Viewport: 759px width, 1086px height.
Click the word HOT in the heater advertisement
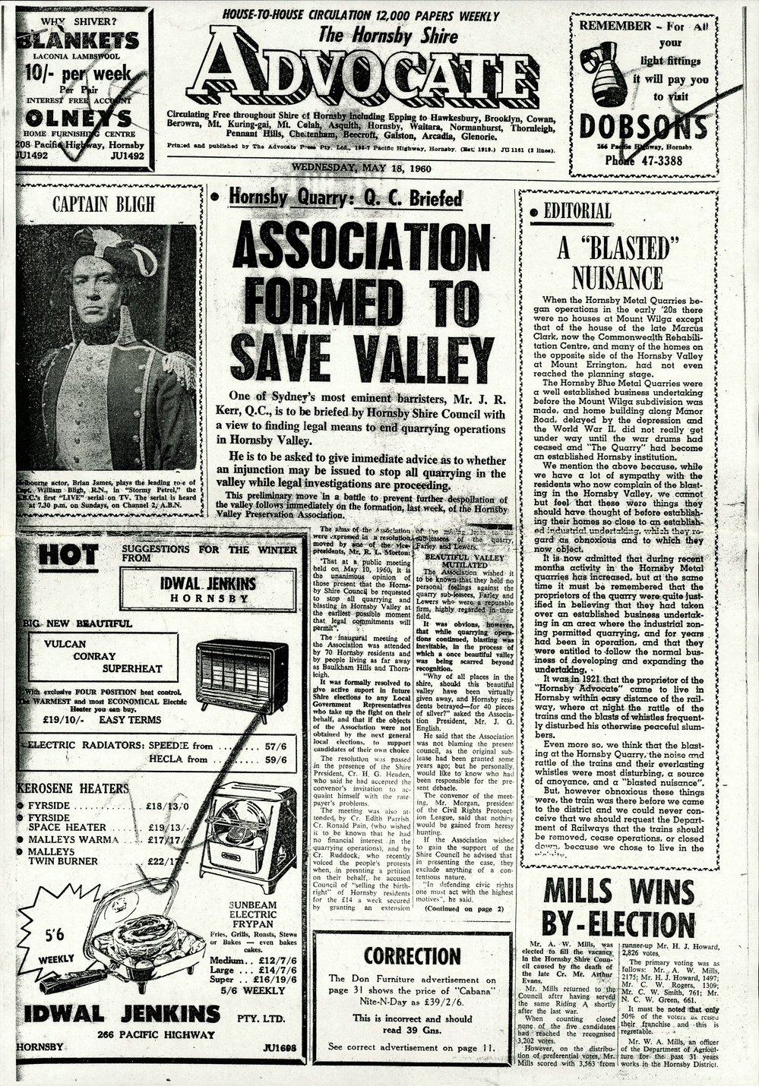tap(68, 556)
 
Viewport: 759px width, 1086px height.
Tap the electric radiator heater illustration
tap(243, 673)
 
